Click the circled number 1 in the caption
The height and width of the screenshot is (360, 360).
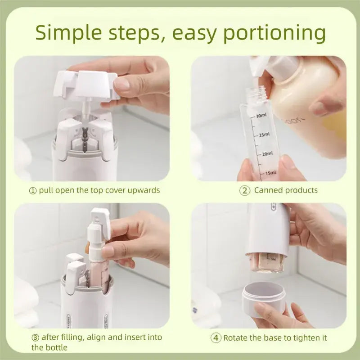pos(32,190)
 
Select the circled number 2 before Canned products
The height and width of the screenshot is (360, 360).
pos(244,190)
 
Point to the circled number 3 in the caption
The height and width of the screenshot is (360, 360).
pos(35,337)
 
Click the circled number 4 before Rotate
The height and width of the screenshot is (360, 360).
pos(216,337)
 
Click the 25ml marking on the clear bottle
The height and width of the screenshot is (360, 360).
pos(264,135)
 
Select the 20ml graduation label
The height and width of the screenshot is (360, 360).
pos(267,154)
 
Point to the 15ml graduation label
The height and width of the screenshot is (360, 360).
pos(270,173)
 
